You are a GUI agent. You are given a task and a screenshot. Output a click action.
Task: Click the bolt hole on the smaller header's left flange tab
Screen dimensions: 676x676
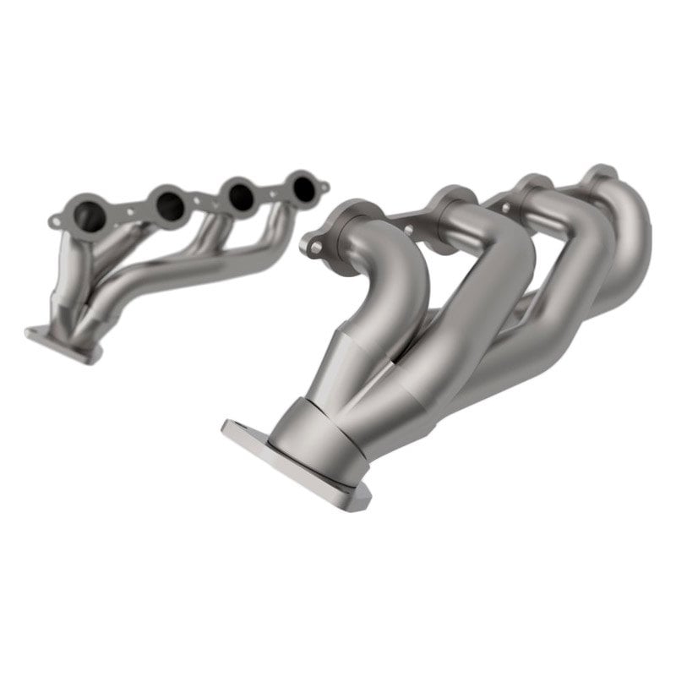(57, 222)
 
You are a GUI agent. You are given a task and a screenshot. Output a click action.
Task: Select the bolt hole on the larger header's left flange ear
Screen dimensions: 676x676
(318, 247)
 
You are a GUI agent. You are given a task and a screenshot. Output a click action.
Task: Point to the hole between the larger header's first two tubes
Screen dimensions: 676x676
(409, 228)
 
